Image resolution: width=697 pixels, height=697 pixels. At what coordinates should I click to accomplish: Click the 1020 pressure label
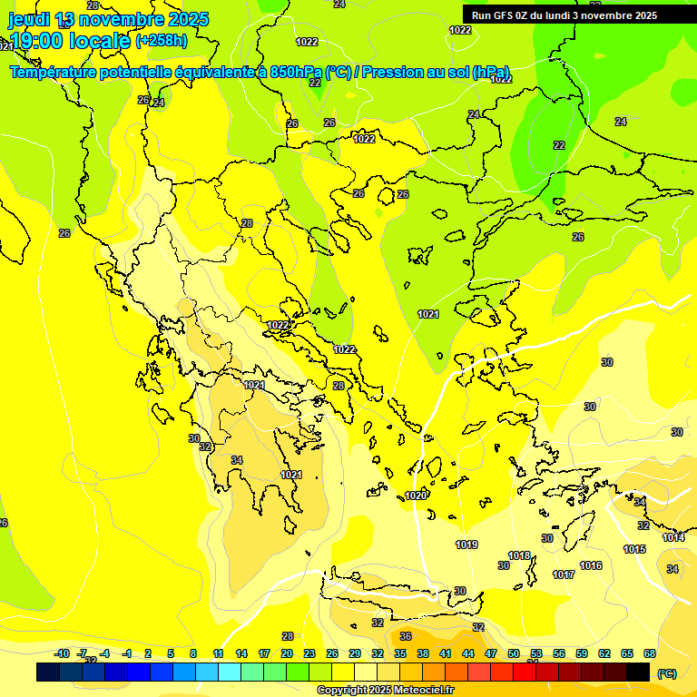click(x=416, y=496)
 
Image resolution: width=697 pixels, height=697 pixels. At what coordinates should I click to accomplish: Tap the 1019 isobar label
click(x=466, y=545)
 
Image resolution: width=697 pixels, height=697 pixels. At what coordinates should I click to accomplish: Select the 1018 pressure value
click(x=519, y=556)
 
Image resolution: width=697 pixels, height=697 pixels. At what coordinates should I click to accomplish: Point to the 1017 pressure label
click(x=564, y=574)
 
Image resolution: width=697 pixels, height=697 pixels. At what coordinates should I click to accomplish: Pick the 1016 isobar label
click(x=591, y=566)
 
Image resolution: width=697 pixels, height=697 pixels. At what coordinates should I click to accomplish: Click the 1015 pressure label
click(x=634, y=550)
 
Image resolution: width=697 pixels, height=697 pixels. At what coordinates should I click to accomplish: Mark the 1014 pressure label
click(x=672, y=538)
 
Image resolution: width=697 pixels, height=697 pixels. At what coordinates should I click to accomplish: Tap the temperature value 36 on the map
click(x=406, y=636)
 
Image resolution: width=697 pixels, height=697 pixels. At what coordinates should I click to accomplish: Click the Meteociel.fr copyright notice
click(x=385, y=691)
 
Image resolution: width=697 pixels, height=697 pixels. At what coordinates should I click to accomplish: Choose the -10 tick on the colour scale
click(x=62, y=653)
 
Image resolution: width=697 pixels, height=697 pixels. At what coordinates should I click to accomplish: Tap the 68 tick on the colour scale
click(x=650, y=653)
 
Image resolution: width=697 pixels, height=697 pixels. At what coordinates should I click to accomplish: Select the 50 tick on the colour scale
click(x=514, y=653)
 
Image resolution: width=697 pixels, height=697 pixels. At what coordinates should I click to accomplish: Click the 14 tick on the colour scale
click(x=241, y=653)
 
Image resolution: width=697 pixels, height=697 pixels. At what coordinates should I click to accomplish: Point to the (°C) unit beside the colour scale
click(x=667, y=673)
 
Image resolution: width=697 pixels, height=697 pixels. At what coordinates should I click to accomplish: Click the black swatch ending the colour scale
click(x=638, y=672)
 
